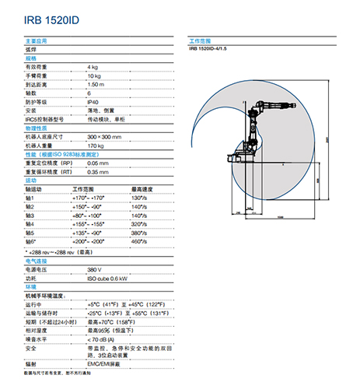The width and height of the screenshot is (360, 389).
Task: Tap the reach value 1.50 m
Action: [96, 84]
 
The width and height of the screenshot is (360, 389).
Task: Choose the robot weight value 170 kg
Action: [95, 145]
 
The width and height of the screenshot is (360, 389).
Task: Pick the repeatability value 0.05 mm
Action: [98, 163]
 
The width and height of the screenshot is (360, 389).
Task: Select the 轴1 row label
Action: [30, 198]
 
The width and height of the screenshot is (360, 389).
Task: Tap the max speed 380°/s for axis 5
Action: [139, 233]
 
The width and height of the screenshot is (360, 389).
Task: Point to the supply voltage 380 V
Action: [95, 268]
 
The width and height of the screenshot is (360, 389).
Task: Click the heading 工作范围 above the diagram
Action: [201, 40]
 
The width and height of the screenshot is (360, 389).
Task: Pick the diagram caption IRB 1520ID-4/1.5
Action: [213, 49]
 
